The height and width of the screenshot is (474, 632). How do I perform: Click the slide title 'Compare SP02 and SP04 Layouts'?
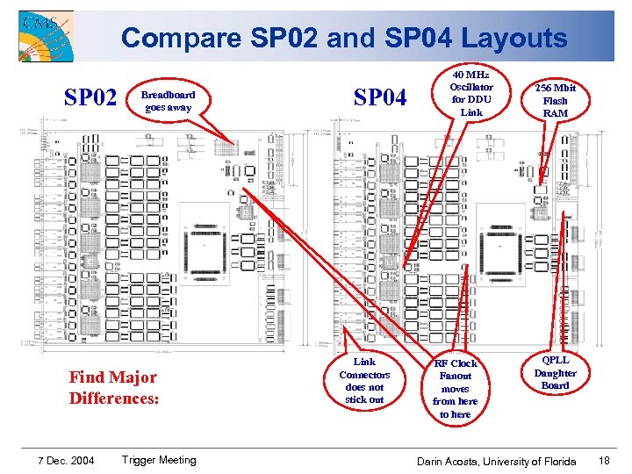tap(344, 38)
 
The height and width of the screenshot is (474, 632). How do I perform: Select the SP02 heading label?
tap(90, 97)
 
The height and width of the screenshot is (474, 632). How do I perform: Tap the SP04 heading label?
tap(380, 97)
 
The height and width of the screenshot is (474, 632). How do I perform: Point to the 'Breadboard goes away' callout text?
tap(169, 101)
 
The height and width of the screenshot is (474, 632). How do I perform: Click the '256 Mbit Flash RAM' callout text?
tap(556, 100)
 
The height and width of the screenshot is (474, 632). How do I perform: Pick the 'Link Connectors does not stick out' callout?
tap(364, 381)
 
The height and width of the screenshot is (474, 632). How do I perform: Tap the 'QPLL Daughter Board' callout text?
tap(556, 372)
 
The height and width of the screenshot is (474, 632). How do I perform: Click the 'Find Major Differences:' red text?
tap(113, 387)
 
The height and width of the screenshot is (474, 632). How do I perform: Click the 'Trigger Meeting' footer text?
tap(159, 460)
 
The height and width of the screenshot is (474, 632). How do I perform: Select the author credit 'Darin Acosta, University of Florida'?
tap(496, 461)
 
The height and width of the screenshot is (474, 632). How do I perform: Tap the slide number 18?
tap(603, 461)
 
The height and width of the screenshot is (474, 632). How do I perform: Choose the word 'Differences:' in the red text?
tap(113, 398)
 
